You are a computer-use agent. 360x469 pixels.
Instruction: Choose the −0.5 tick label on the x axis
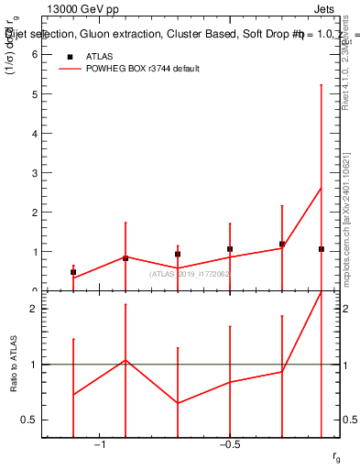pos(230,444)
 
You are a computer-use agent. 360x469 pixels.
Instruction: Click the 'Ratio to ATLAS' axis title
pos(15,365)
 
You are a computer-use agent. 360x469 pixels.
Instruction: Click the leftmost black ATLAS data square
pos(73,272)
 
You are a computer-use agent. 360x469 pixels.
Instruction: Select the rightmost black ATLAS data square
pos(321,249)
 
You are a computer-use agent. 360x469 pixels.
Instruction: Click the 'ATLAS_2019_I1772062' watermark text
pos(189,274)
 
